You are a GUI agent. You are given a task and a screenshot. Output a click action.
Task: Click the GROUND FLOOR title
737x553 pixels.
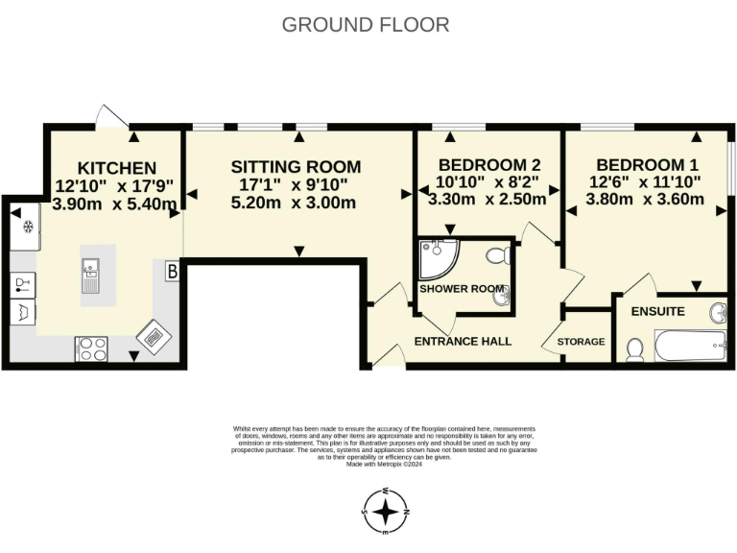point(366,25)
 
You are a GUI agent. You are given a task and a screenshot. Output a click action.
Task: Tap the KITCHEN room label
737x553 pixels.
point(117,168)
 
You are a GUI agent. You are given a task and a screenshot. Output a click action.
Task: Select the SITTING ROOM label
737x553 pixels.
point(296,166)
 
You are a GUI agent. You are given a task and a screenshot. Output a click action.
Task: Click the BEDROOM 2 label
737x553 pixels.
point(488,164)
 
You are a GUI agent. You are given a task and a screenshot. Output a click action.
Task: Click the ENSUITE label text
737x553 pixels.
point(657,311)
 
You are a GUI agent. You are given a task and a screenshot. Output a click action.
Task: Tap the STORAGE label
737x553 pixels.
point(582,342)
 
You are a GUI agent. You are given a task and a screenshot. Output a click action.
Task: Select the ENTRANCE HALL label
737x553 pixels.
point(462,341)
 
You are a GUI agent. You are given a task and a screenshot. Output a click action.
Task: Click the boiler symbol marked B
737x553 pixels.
point(173,272)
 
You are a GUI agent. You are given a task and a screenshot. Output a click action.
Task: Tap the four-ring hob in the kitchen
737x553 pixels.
point(91,348)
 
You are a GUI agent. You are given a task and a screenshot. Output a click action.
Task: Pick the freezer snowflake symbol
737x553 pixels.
point(29,228)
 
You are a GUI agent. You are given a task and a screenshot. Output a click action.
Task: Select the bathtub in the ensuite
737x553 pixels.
point(689,344)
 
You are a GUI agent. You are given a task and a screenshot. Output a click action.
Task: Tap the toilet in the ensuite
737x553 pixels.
point(633,350)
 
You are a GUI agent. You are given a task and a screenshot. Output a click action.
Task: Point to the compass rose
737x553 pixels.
point(385,511)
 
